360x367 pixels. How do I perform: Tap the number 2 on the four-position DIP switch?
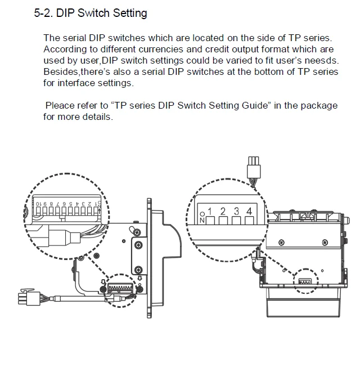click(223, 212)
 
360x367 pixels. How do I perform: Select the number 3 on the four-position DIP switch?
click(236, 212)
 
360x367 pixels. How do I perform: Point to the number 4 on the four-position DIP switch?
click(249, 211)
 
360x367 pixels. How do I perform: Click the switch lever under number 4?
click(249, 221)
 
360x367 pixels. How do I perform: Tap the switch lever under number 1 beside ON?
click(210, 221)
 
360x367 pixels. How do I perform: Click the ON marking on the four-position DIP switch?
click(202, 217)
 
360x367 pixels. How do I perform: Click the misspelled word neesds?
click(322, 60)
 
